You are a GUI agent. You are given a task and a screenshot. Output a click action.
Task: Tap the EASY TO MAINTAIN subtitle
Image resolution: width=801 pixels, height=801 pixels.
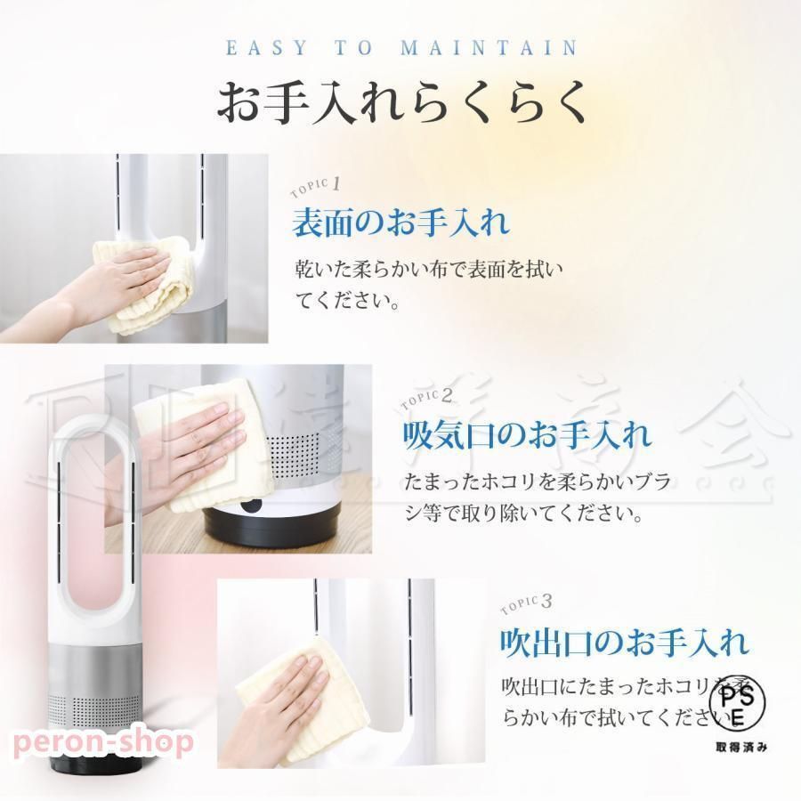pos(401,48)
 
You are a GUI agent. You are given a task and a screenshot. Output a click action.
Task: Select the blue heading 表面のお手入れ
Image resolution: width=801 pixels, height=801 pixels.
pos(400,222)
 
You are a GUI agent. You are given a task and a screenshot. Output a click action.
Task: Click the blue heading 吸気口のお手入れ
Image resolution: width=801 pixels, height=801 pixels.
pos(526,435)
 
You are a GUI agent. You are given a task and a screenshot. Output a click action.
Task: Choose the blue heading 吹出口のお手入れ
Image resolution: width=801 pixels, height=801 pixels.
pos(623,641)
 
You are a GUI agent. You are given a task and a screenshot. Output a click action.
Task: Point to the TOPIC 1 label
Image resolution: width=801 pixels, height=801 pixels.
pos(316,189)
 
